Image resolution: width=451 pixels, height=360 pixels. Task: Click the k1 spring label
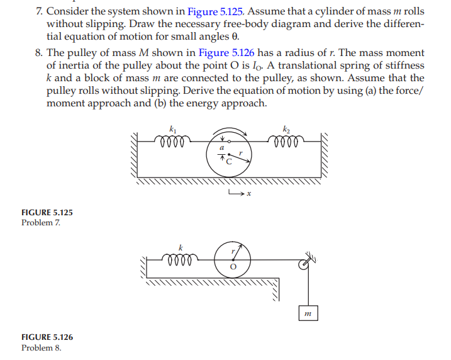[174, 128]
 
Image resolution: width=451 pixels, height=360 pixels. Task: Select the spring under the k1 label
[173, 140]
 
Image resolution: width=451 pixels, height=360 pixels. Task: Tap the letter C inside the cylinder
[229, 162]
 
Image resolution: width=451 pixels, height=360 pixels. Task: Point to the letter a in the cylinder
[221, 147]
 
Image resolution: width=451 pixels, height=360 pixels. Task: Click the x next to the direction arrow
[248, 193]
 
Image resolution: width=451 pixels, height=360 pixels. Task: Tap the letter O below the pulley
[231, 266]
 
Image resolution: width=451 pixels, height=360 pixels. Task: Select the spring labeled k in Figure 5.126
[181, 258]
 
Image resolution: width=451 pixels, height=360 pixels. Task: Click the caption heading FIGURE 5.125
[47, 213]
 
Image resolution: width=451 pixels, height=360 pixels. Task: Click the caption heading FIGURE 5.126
[47, 337]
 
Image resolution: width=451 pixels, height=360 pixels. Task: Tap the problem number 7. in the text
[39, 10]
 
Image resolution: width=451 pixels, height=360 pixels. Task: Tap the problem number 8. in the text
[39, 53]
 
